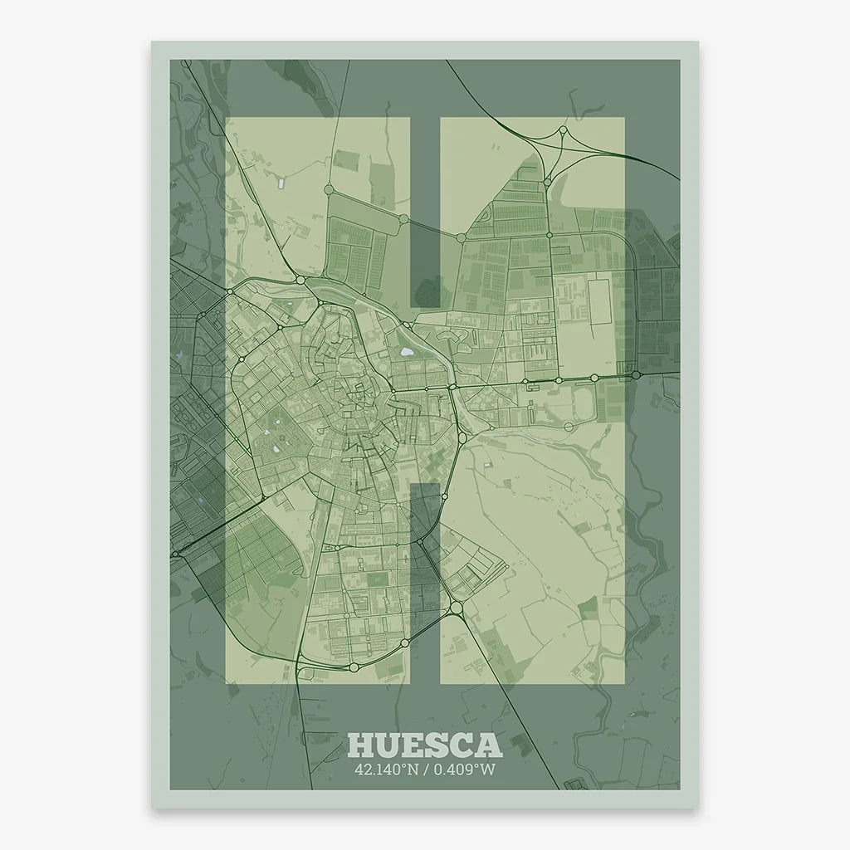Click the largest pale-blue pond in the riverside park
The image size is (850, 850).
[x=406, y=352]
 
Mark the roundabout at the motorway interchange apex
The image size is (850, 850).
[x=563, y=129]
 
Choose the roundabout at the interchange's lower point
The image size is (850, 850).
[x=548, y=178]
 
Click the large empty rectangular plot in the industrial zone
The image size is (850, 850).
[x=599, y=302]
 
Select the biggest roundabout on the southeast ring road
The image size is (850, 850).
[x=457, y=608]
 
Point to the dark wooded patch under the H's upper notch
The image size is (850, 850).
[x=429, y=291]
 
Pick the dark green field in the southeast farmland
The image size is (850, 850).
[x=589, y=610]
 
